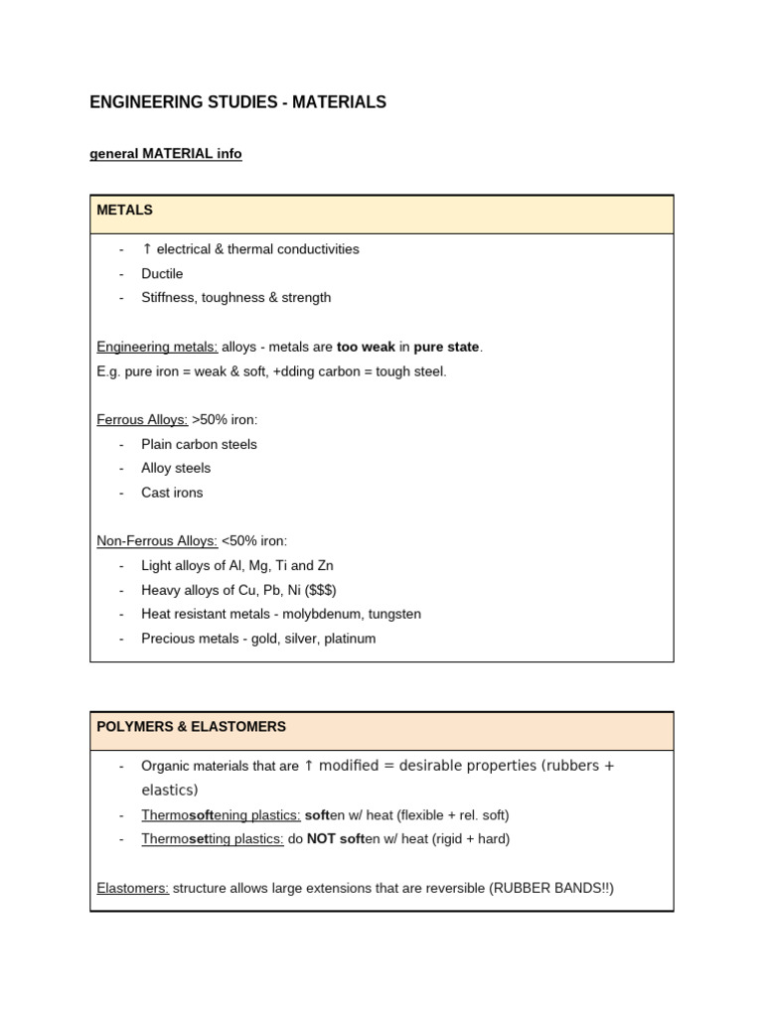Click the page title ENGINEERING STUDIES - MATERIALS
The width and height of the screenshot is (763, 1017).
[x=237, y=102]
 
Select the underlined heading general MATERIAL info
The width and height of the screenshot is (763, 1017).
[x=166, y=154]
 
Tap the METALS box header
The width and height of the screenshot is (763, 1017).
[x=125, y=211]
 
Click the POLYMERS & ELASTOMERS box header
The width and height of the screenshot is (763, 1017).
[x=191, y=727]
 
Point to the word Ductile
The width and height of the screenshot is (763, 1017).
[x=162, y=273]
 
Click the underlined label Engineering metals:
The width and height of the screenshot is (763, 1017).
[x=157, y=347]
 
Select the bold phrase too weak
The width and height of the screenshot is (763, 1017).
[x=365, y=347]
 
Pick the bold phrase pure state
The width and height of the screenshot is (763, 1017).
[x=447, y=347]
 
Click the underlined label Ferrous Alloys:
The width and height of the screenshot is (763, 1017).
[x=142, y=419]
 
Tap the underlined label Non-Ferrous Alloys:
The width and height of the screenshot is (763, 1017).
[x=157, y=541]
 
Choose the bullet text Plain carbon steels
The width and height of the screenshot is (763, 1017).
[x=199, y=444]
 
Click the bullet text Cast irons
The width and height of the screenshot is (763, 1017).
[x=172, y=493]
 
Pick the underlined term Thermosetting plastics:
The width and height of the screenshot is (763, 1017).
[x=213, y=839]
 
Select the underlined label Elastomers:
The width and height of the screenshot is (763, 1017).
[x=133, y=888]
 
